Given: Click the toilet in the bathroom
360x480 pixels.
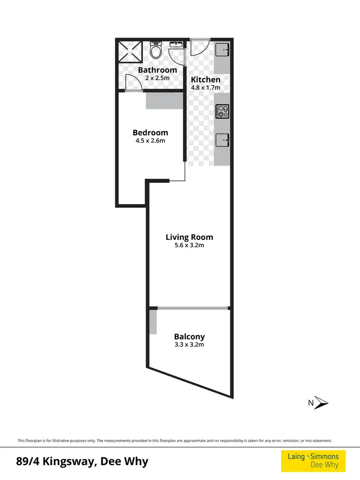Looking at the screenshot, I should click(156, 51).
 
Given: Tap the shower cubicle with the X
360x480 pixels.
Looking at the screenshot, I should click(130, 52).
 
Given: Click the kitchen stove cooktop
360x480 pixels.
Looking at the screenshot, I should click(222, 111).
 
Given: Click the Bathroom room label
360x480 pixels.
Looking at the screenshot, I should click(157, 70).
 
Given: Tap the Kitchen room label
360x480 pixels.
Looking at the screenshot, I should click(206, 80).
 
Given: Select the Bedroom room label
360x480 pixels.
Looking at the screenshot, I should click(150, 132).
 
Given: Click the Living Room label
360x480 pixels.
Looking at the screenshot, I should click(189, 237).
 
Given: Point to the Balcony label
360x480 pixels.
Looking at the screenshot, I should click(189, 337).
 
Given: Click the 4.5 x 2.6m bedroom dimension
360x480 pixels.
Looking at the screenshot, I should click(150, 141).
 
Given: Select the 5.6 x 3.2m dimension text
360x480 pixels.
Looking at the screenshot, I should click(189, 245).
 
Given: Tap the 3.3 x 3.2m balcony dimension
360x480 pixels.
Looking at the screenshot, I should click(189, 345).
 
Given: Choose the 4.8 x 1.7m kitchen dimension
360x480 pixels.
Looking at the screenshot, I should click(206, 88).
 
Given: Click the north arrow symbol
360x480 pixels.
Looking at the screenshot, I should click(321, 403).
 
